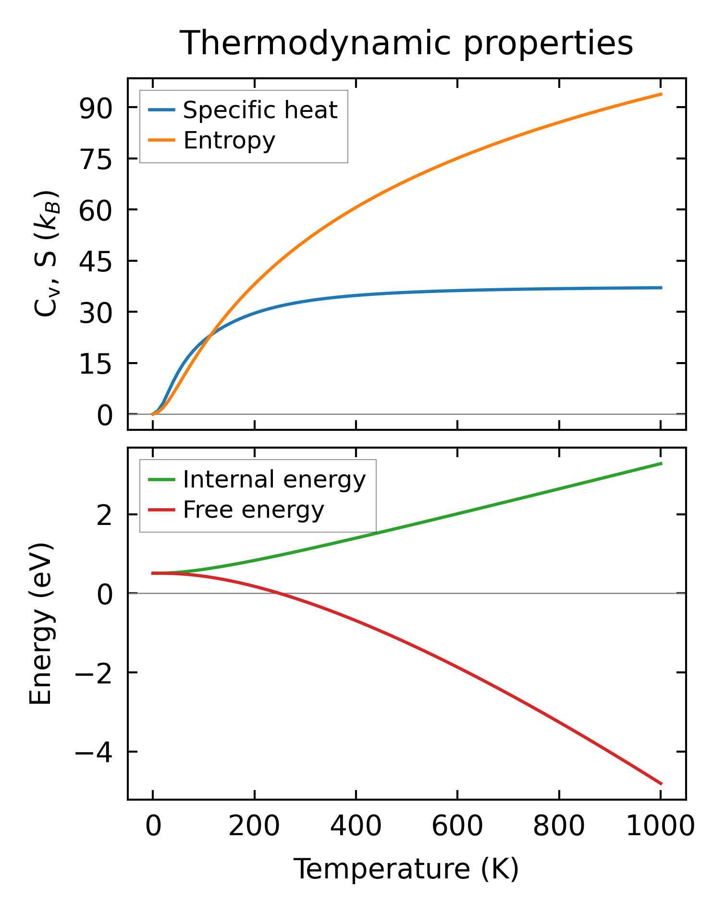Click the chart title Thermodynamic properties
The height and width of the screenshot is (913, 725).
point(406,44)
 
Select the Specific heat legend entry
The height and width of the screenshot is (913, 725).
point(260,110)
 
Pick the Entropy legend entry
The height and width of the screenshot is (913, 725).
point(229,140)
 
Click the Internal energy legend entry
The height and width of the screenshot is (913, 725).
point(274,479)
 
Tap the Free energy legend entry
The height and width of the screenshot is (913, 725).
point(253,510)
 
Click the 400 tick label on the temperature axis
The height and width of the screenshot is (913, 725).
point(356,827)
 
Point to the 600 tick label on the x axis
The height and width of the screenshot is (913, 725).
point(457,827)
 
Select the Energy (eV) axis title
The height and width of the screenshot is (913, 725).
point(41,624)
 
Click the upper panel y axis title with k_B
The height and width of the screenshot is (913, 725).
point(47,254)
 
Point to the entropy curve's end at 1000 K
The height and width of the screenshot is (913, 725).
point(661,94)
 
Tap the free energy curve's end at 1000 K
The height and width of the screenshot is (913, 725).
point(661,784)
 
